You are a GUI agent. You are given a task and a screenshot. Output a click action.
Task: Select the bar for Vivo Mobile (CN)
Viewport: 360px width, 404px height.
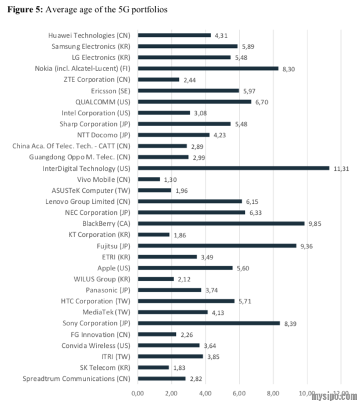coord(148,179)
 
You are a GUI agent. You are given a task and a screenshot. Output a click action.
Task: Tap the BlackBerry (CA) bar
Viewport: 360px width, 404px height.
coord(221,223)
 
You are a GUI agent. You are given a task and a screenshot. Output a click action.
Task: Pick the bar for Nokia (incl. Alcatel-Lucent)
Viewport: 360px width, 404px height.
coord(207,68)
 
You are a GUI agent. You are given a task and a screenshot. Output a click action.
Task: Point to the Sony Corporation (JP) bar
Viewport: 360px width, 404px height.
coord(208,324)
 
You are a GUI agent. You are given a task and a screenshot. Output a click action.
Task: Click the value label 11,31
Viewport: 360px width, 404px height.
coord(341,168)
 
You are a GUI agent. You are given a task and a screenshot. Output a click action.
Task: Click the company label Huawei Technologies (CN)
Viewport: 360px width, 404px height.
coord(90,35)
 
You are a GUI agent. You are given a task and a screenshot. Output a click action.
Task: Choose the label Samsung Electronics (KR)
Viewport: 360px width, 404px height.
coord(91,46)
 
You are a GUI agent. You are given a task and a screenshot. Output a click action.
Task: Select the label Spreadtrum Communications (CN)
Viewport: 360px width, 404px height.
coord(77,379)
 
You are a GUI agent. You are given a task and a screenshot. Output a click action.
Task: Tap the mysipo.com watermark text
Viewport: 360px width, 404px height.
coord(335,396)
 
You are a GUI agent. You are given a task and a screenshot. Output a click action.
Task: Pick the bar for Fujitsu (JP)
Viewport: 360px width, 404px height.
coord(216,245)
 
